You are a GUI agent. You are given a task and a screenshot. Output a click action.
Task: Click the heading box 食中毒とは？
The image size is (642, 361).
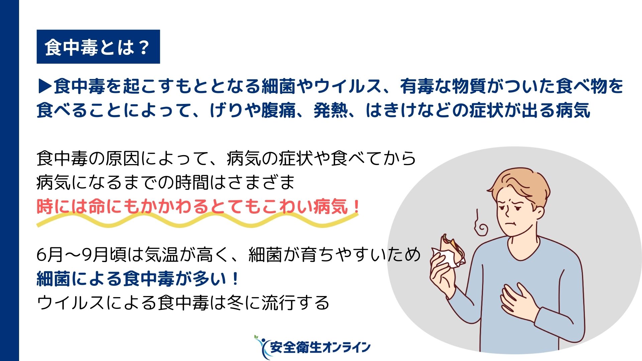point(98,47)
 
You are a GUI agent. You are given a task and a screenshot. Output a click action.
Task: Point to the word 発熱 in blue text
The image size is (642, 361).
point(330,110)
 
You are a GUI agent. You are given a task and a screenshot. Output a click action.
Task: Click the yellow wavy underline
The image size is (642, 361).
point(197,220)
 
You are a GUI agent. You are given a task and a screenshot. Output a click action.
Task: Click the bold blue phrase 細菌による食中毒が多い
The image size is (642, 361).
point(132,279)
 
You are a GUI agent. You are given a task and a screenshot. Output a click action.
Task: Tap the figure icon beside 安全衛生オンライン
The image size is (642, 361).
point(261,347)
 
